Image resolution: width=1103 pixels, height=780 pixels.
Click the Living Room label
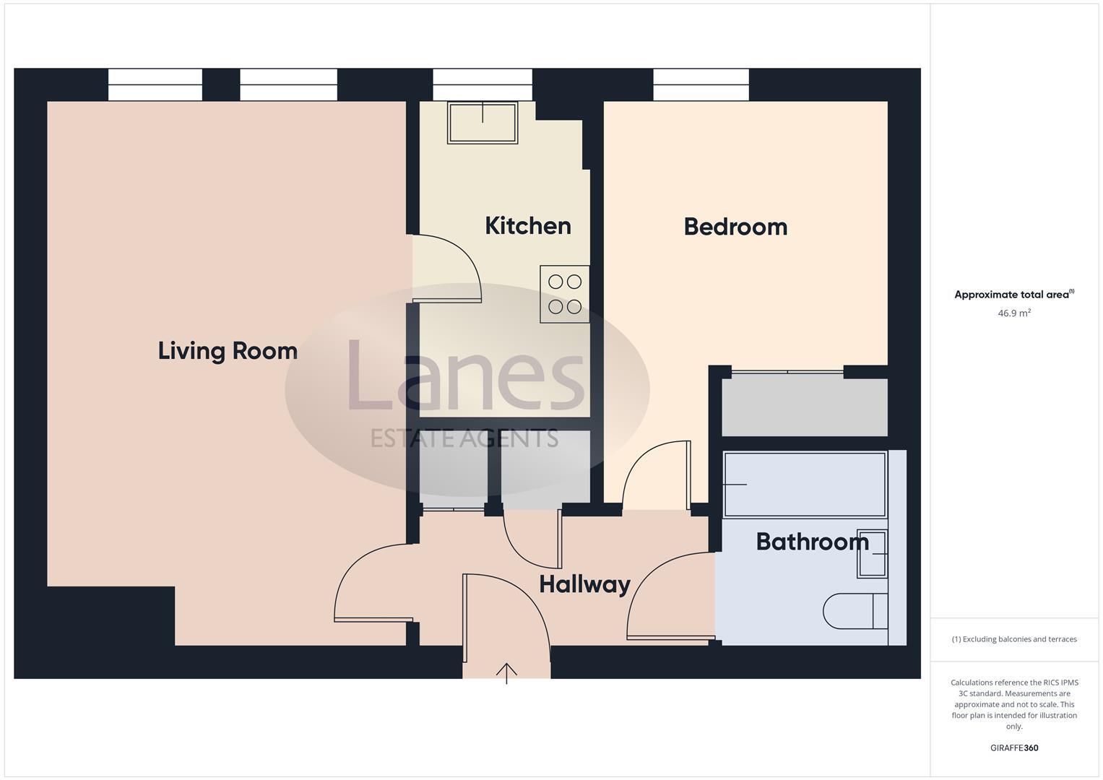(x=228, y=351)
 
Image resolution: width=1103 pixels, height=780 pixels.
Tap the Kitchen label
(x=527, y=226)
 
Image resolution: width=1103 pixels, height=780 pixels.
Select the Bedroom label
(x=735, y=227)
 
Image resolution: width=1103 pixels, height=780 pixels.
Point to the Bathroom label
(x=812, y=542)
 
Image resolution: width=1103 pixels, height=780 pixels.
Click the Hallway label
(x=584, y=584)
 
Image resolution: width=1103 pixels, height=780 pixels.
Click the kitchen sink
(x=483, y=123)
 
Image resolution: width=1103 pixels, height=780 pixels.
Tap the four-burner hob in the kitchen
(x=565, y=294)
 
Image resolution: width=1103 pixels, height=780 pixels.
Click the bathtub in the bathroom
(x=805, y=484)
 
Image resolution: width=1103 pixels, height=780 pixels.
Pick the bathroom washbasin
(x=873, y=554)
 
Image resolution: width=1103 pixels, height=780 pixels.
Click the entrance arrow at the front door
(x=506, y=673)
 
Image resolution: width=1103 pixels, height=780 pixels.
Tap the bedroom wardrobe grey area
(x=805, y=407)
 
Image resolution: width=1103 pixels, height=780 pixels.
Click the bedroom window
(x=701, y=84)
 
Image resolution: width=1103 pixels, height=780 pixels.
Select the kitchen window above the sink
(x=483, y=84)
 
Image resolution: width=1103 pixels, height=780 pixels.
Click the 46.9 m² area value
(x=1013, y=313)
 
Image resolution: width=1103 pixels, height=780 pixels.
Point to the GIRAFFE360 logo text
(x=1013, y=748)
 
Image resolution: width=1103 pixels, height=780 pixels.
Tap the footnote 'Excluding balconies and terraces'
(x=1014, y=639)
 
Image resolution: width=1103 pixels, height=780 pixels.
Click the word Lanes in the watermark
(x=466, y=376)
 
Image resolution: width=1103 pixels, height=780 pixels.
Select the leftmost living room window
(x=155, y=84)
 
